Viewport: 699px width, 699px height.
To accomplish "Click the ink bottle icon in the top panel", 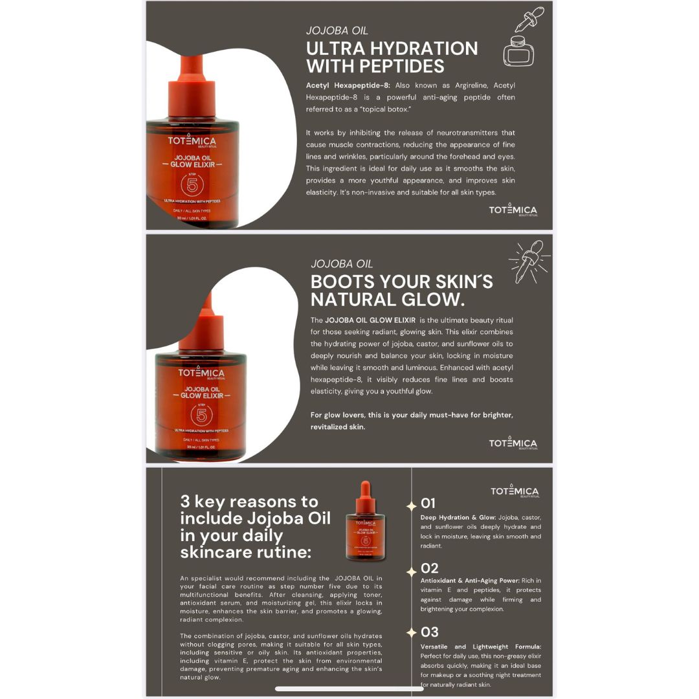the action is pyautogui.click(x=518, y=51).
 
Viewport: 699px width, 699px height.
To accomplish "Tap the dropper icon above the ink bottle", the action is pyautogui.click(x=529, y=19).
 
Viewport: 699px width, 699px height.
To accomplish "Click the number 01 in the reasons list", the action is pyautogui.click(x=428, y=504).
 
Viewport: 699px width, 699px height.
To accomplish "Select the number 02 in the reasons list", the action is pyautogui.click(x=429, y=568).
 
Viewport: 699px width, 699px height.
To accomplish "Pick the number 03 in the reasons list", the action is pyautogui.click(x=429, y=632).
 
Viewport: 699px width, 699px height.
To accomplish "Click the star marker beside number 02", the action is pyautogui.click(x=412, y=571).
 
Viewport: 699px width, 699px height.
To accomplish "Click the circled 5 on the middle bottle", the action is pyautogui.click(x=201, y=416).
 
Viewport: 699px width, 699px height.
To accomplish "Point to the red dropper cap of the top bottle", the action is pyautogui.click(x=192, y=87).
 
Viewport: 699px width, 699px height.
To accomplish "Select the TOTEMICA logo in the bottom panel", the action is pyautogui.click(x=515, y=491).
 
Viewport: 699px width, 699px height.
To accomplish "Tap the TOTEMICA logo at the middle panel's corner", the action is pyautogui.click(x=513, y=443).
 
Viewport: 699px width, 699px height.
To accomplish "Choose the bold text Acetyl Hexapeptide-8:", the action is pyautogui.click(x=348, y=85).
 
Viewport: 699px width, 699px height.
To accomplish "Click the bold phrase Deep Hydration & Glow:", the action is pyautogui.click(x=458, y=518).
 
